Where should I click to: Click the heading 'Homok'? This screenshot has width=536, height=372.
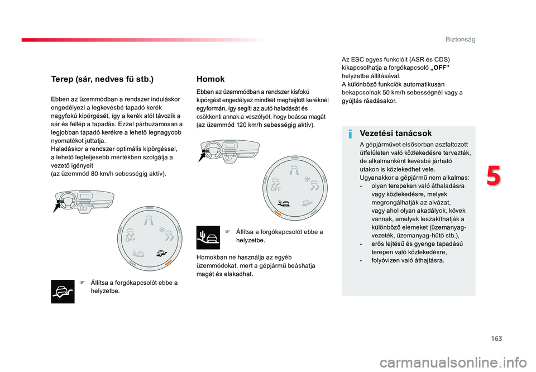pos(210,79)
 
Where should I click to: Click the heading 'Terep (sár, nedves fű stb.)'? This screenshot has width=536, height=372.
pos(102,79)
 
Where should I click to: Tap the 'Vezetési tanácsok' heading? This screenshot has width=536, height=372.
pos(395,133)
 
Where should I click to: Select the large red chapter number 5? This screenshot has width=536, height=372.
pos(493,176)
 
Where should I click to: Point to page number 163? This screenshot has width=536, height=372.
pos(497,338)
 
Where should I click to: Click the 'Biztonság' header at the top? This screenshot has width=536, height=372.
pos(460,39)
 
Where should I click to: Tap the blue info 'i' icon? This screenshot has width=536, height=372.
pos(350,134)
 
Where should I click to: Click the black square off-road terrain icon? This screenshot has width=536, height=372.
pos(63,292)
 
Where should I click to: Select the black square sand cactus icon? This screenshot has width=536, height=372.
pos(208,237)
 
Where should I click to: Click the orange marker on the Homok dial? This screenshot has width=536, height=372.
pos(277,213)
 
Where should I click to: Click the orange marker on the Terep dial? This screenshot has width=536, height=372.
pos(168,263)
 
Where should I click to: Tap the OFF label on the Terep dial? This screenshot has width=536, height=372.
pos(130,240)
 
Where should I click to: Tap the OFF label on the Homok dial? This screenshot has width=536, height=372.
pos(275,189)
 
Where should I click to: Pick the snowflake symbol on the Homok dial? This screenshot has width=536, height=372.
pos(307,179)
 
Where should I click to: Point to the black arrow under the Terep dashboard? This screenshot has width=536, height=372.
pos(57,207)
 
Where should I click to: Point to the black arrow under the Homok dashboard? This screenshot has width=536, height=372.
pos(202,156)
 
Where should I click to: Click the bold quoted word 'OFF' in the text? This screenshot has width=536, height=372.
pos(441,68)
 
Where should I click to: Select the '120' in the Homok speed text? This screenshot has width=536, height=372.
pos(241,125)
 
